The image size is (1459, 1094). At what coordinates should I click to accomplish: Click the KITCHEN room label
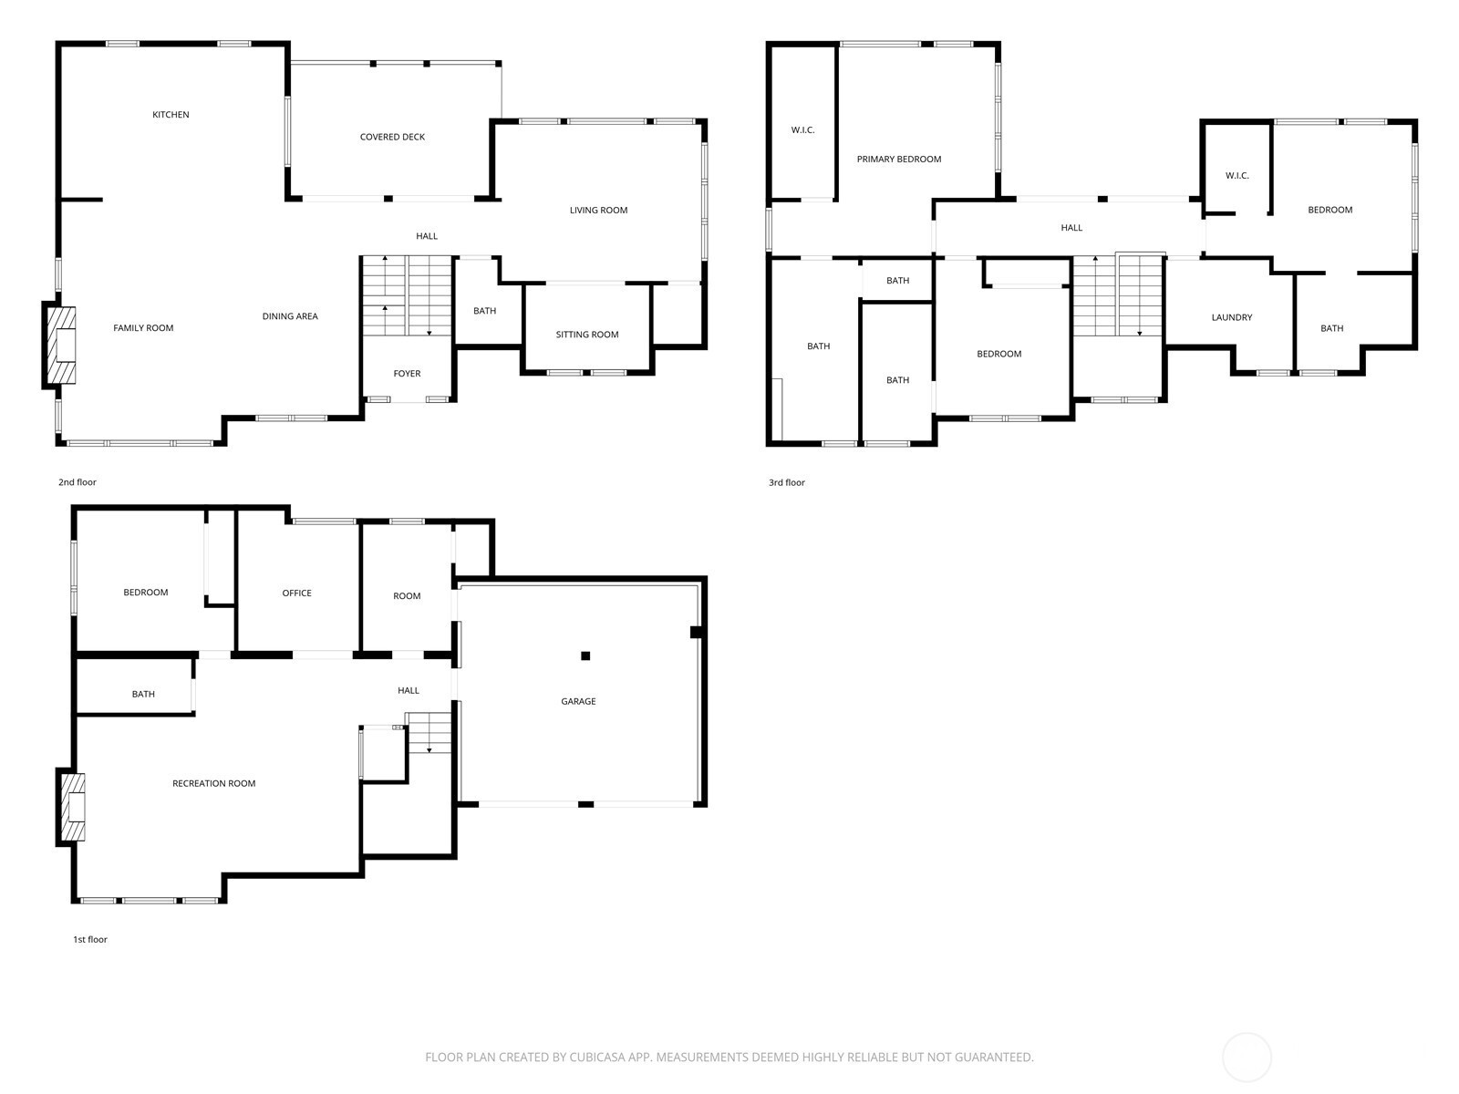pos(171,115)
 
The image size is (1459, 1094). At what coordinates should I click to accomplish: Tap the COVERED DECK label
pos(392,137)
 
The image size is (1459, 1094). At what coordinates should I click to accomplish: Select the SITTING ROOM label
pos(587,335)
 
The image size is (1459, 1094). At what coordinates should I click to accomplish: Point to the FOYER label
pos(407,374)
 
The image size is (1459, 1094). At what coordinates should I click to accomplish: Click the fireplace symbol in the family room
pos(60,345)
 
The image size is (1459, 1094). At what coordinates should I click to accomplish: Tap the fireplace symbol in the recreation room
pos(72,807)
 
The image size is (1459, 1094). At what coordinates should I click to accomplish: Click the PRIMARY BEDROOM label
pos(899,160)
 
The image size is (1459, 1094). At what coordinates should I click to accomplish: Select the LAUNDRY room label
pos(1232,317)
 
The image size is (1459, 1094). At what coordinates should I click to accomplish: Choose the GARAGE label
pos(578,701)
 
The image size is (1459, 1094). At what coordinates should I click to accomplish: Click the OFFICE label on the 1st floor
pos(296,593)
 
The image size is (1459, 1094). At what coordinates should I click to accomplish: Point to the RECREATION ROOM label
pos(214,784)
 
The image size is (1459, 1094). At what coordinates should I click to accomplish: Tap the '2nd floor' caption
pos(78,482)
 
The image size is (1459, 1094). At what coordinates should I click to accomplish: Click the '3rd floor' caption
pos(787,483)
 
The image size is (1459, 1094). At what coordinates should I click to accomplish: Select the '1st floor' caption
pos(89,939)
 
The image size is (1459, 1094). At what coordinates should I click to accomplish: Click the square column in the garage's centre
pos(585,655)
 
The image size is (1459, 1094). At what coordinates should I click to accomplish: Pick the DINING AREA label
pos(290,316)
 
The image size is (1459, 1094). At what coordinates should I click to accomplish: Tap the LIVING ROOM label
pos(598,211)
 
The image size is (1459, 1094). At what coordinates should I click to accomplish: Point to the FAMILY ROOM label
pos(143,328)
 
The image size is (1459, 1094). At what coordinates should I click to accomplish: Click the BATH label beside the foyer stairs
pos(484,311)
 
